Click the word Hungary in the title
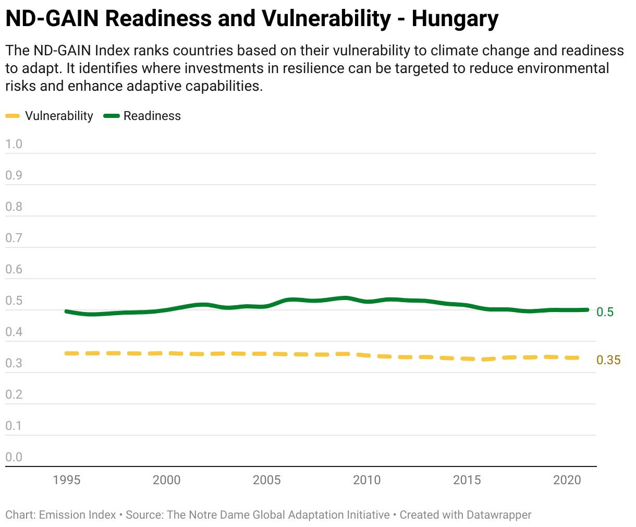tap(455, 19)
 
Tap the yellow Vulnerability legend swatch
tap(13, 116)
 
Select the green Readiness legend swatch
tap(112, 116)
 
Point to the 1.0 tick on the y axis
tap(14, 144)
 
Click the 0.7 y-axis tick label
tap(14, 238)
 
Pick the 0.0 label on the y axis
tap(14, 457)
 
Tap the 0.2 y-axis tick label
tap(14, 394)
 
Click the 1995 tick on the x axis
tap(67, 480)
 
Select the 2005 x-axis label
tap(267, 480)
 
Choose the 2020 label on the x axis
tap(567, 480)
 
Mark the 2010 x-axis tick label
tap(367, 480)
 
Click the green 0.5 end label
tap(605, 312)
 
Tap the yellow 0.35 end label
tap(608, 360)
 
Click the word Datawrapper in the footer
tap(499, 515)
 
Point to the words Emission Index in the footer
tap(77, 515)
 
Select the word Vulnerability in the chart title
tap(326, 19)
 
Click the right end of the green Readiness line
tap(588, 310)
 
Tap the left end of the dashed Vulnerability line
tap(66, 353)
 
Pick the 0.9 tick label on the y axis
tap(14, 175)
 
